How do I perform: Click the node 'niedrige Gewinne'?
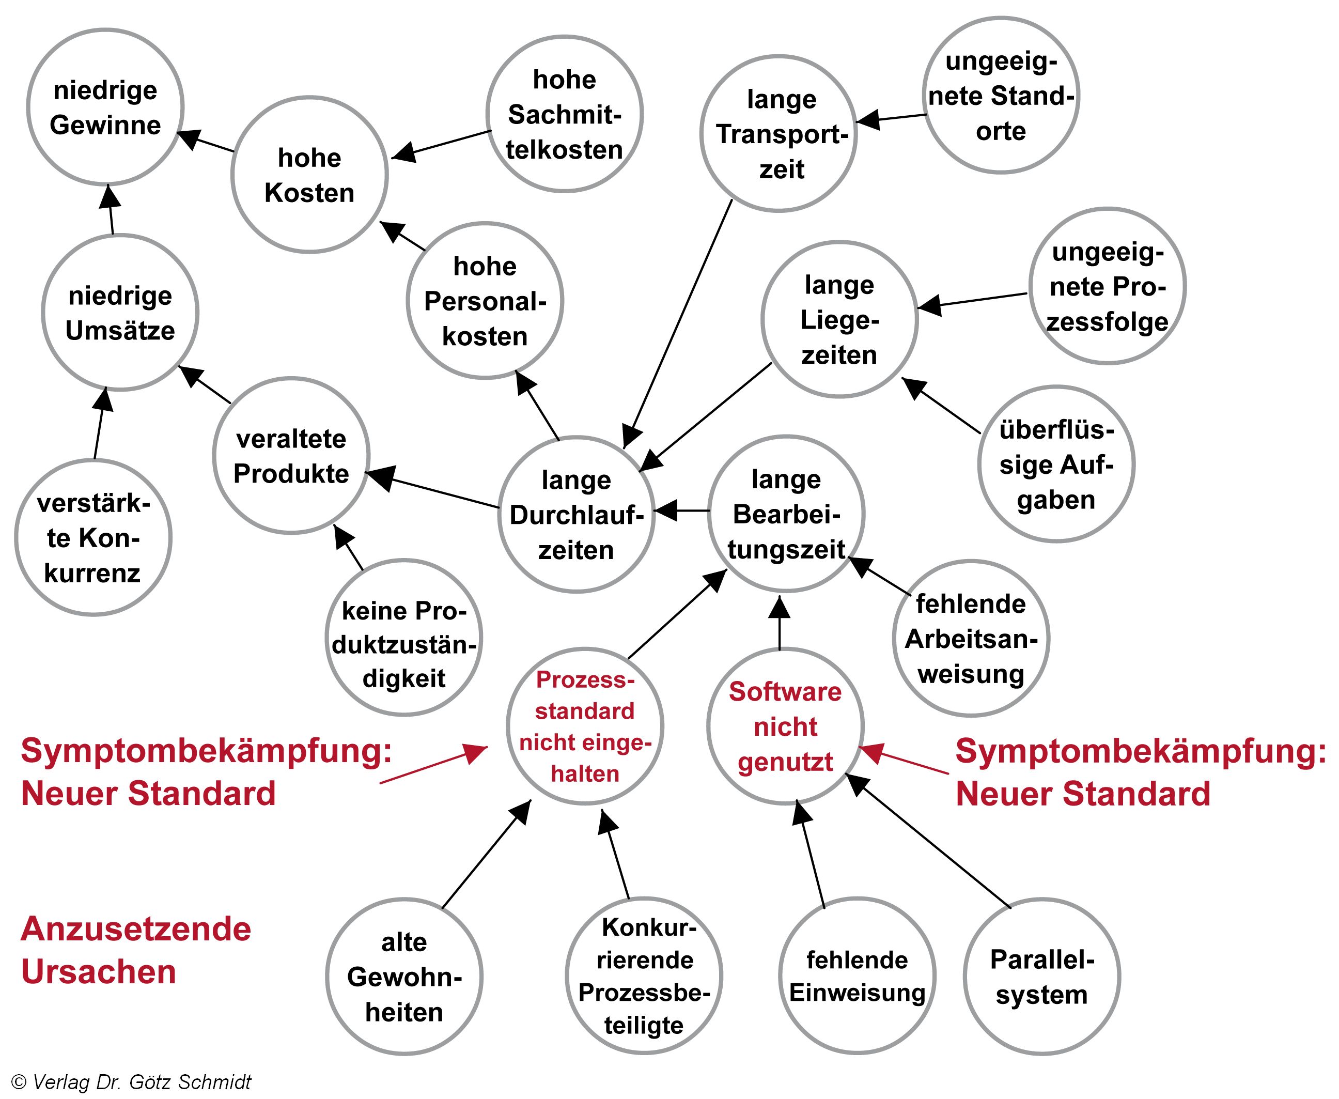click(x=105, y=107)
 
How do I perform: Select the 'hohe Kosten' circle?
click(x=309, y=175)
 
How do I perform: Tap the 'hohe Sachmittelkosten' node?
click(x=565, y=114)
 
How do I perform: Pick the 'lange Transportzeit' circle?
click(x=779, y=134)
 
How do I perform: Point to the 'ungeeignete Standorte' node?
click(x=1001, y=96)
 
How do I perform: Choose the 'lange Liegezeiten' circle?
click(x=839, y=320)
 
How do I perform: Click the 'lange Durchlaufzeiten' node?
click(x=576, y=515)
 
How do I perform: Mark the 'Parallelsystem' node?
click(x=1041, y=977)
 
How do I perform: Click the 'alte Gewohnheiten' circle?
click(x=404, y=977)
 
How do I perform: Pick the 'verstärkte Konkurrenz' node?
click(x=93, y=538)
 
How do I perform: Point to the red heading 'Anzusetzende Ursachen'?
click(x=135, y=950)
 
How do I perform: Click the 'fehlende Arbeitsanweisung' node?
click(x=971, y=639)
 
